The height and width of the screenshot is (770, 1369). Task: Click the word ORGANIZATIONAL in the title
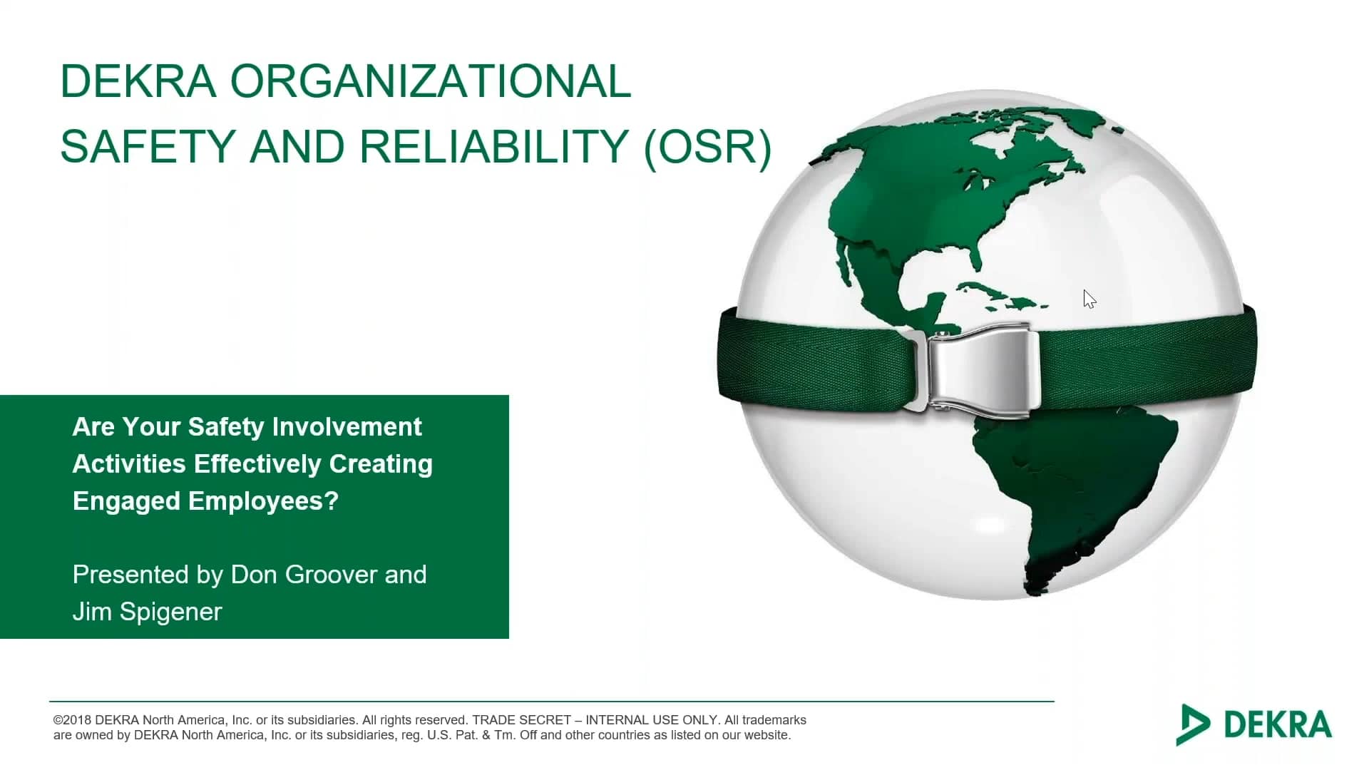430,81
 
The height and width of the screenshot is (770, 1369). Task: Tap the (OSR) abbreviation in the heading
707,147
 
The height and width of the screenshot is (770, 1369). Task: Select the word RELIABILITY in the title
493,147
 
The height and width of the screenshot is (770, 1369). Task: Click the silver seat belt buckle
980,369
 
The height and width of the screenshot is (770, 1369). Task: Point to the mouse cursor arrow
1088,298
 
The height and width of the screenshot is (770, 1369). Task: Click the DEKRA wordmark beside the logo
1278,724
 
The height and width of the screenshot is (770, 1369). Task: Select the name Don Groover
304,575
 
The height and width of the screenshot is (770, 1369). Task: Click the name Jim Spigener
147,612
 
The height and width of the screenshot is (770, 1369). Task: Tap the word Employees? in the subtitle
263,501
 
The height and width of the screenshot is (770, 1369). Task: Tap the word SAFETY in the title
148,147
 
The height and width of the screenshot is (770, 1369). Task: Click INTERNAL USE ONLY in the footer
651,720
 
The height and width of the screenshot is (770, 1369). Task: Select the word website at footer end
766,735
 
